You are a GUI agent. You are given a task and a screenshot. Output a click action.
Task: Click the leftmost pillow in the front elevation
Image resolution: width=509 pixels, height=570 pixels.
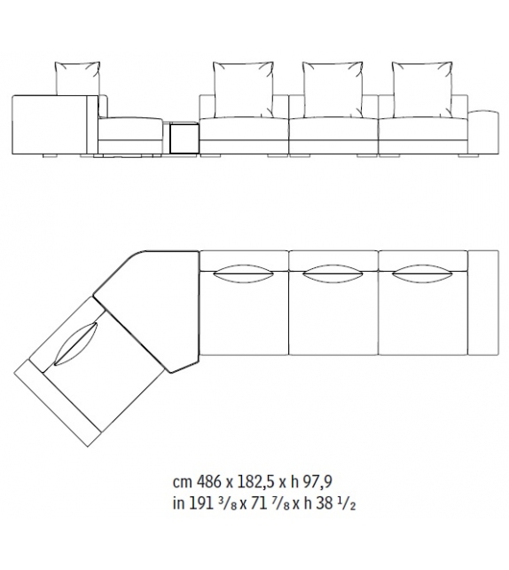78,77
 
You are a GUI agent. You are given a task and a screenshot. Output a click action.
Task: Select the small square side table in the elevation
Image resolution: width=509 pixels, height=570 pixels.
183,139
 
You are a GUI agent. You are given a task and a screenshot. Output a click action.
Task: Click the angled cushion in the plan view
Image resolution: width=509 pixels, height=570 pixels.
77,343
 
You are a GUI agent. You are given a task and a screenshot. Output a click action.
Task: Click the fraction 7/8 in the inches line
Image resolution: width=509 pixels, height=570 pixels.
269,504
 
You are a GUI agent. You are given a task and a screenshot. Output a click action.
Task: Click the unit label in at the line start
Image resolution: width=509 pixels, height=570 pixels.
179,504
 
